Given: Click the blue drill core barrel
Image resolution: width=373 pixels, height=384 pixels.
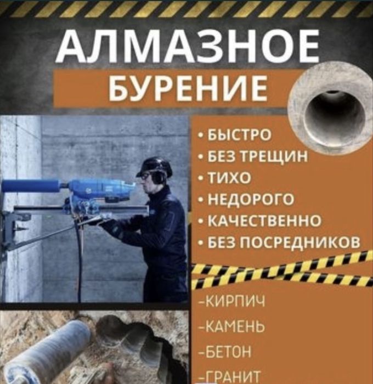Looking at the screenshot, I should point(30,185).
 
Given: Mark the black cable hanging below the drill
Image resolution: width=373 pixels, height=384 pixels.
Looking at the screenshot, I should point(80,258).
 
